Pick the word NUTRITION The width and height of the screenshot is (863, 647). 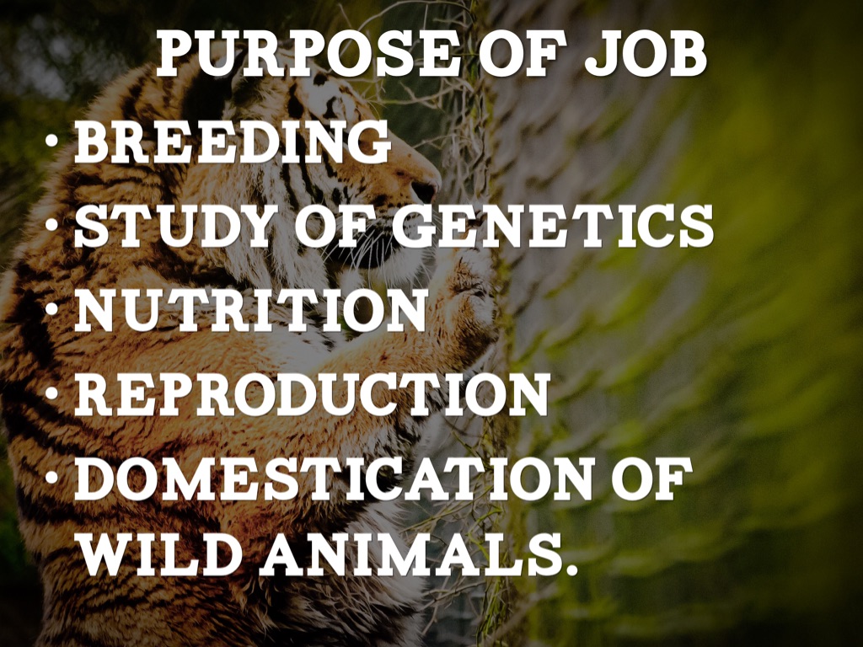point(249,310)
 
